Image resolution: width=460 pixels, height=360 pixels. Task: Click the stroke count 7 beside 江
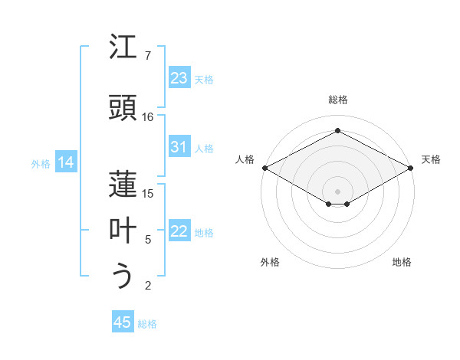coord(147,56)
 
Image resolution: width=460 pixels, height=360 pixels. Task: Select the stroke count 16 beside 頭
coord(148,116)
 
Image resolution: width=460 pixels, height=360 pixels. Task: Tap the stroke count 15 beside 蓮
coord(148,193)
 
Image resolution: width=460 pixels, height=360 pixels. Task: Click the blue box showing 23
coord(179,78)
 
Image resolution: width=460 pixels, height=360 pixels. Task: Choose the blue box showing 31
coord(179,147)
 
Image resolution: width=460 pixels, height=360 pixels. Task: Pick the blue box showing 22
coord(179,231)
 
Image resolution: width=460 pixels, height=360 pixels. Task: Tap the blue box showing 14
coord(66,162)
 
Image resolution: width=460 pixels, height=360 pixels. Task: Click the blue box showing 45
coord(122,322)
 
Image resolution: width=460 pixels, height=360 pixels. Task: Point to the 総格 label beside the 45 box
coord(147,324)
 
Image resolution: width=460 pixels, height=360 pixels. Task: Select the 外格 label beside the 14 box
coord(41,163)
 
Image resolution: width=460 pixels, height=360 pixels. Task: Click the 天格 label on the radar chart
coord(431,159)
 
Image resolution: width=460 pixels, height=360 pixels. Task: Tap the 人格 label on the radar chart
coord(245,159)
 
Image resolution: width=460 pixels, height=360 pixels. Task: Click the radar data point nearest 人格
coord(264,168)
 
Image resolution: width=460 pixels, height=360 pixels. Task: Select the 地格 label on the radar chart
coord(402,262)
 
